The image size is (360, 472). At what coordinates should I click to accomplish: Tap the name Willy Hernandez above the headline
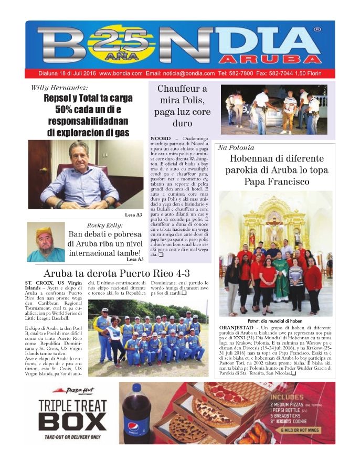[x=59, y=88]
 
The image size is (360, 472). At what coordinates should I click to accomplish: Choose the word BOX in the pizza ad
[x=72, y=422]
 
